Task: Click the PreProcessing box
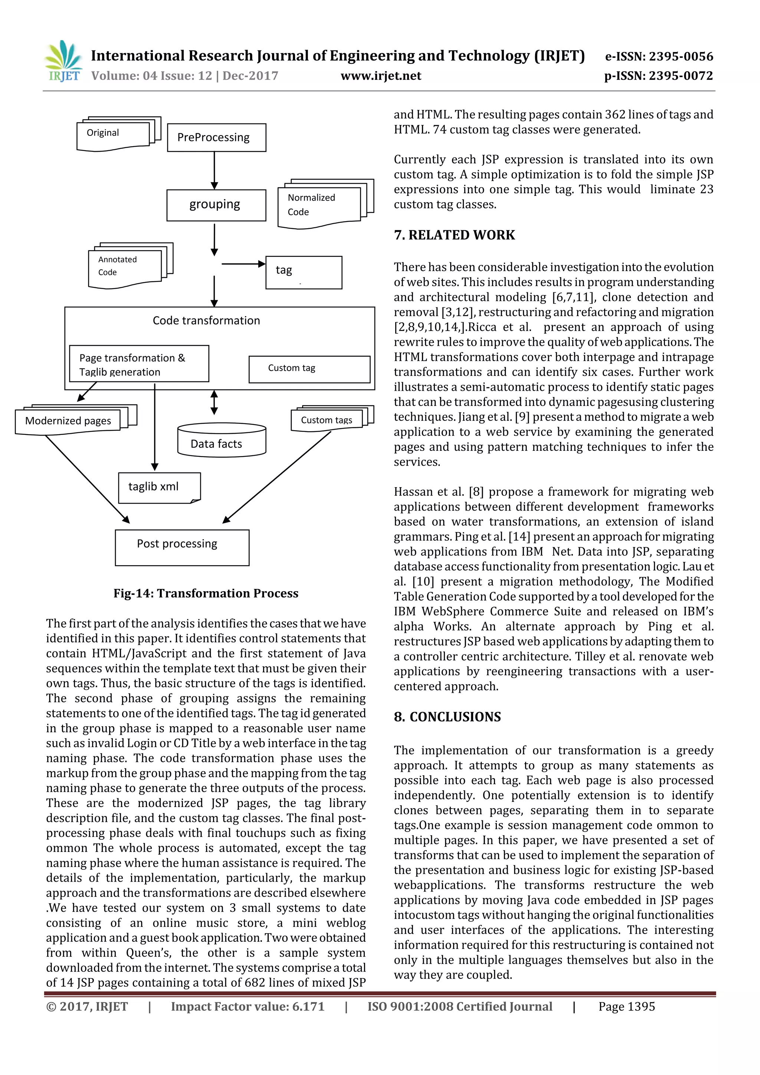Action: (x=216, y=138)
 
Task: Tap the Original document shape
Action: (x=113, y=134)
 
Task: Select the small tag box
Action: (x=304, y=272)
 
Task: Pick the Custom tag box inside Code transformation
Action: (x=309, y=369)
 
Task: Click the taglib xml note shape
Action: (x=159, y=487)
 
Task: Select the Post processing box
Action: (x=182, y=547)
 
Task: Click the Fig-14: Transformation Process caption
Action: (x=206, y=593)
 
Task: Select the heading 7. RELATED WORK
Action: (x=454, y=235)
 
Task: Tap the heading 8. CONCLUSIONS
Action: (x=447, y=717)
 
